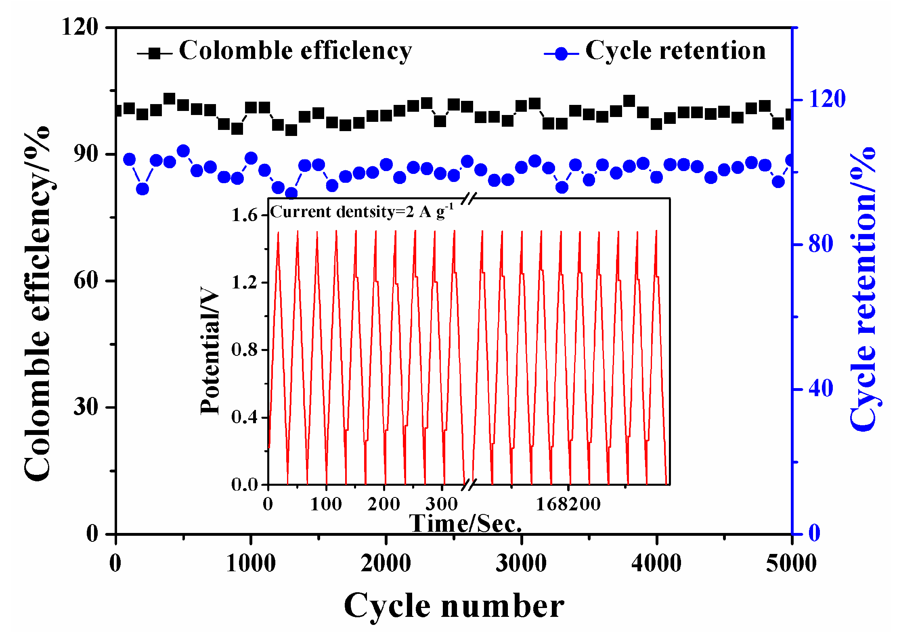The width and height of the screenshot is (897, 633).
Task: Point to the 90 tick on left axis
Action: (86, 154)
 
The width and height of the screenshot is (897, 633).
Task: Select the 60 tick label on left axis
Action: (86, 280)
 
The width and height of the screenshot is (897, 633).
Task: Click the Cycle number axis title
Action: (454, 606)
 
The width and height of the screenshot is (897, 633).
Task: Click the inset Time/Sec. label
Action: (465, 524)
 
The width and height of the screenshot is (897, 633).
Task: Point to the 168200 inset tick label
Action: (568, 504)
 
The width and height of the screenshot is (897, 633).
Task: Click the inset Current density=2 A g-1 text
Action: (362, 211)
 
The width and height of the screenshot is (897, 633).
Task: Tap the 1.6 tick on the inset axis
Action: (244, 215)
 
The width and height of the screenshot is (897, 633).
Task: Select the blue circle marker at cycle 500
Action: (183, 151)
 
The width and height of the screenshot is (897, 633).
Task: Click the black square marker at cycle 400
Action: (170, 99)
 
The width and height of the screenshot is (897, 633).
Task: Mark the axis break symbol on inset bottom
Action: (469, 484)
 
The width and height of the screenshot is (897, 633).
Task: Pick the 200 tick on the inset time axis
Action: (384, 504)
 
